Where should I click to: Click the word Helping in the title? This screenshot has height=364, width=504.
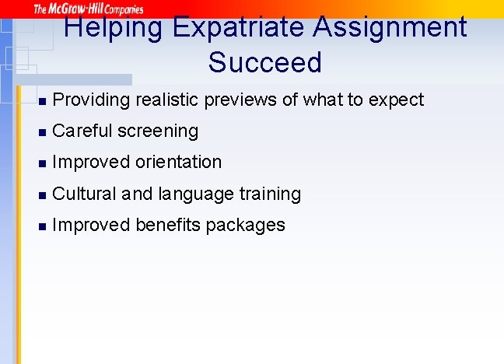(x=113, y=28)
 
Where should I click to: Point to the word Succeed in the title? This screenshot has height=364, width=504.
(x=264, y=62)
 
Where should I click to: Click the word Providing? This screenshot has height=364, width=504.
(x=91, y=100)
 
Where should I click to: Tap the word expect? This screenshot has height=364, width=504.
(x=398, y=100)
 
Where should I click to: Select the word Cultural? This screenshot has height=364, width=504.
(x=85, y=193)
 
